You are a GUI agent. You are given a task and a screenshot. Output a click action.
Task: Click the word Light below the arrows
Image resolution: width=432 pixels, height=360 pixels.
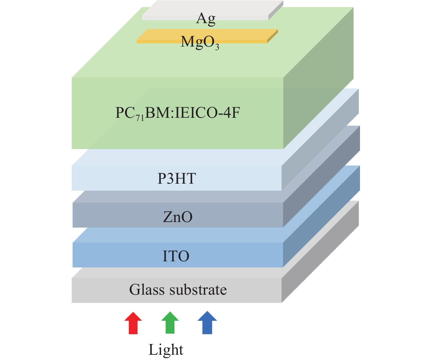[x=166, y=350]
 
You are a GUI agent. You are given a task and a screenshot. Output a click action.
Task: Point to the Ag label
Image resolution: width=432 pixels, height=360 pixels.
[x=206, y=19]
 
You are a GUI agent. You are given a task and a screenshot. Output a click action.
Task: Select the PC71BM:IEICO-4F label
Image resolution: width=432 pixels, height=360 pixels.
[x=178, y=113]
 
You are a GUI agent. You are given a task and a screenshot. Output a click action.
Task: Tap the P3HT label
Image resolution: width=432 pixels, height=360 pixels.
[x=176, y=178]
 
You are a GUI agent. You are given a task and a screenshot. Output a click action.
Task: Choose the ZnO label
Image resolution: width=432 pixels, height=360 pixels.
[x=178, y=217]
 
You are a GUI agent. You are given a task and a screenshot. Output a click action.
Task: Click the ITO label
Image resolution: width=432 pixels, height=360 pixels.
[x=176, y=256]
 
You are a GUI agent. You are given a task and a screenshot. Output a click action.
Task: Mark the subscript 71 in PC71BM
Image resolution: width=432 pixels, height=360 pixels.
[x=140, y=118]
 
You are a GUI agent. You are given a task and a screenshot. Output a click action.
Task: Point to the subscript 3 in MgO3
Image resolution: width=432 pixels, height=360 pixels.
[x=217, y=47]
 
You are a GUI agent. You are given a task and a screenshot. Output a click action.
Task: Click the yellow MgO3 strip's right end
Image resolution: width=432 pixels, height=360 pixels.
[x=272, y=36]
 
